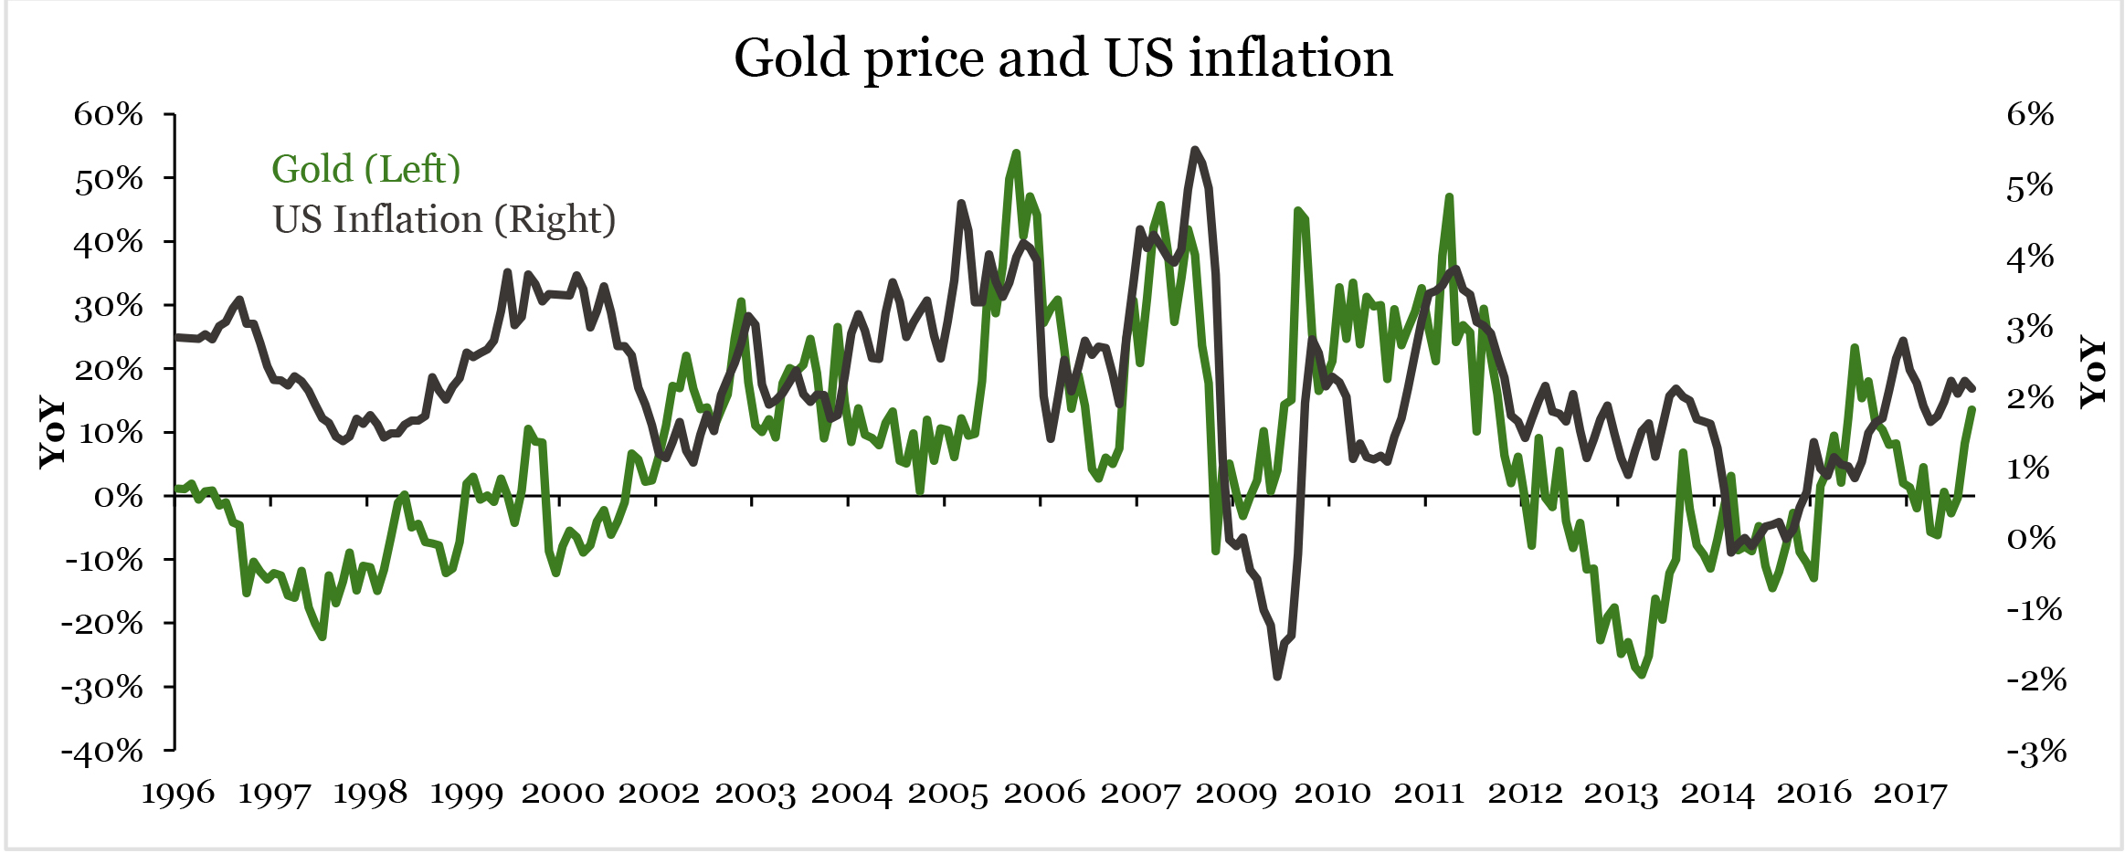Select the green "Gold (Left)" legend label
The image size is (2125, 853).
pyautogui.click(x=365, y=170)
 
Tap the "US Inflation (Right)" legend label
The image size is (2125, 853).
pyautogui.click(x=444, y=220)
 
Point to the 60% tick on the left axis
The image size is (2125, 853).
pyautogui.click(x=109, y=115)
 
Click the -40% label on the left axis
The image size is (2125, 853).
pyautogui.click(x=102, y=752)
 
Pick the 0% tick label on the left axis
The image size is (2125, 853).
pyautogui.click(x=119, y=497)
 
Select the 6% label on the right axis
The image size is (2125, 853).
pyautogui.click(x=2030, y=114)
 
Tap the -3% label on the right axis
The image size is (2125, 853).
pyautogui.click(x=2035, y=753)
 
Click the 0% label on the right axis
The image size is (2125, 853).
pyautogui.click(x=2031, y=539)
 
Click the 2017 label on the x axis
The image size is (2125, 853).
pyautogui.click(x=1910, y=793)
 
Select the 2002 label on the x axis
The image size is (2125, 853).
pyautogui.click(x=659, y=793)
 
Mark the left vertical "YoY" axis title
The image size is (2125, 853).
pyautogui.click(x=53, y=432)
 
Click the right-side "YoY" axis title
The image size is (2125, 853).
pyautogui.click(x=2093, y=371)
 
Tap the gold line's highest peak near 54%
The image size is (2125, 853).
pyautogui.click(x=1016, y=153)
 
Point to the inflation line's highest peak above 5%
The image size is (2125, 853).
pyautogui.click(x=1195, y=150)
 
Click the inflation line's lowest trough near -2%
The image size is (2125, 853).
pyautogui.click(x=1277, y=677)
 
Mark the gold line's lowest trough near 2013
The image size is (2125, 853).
pyautogui.click(x=1642, y=675)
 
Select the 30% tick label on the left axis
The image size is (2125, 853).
pyautogui.click(x=109, y=306)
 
